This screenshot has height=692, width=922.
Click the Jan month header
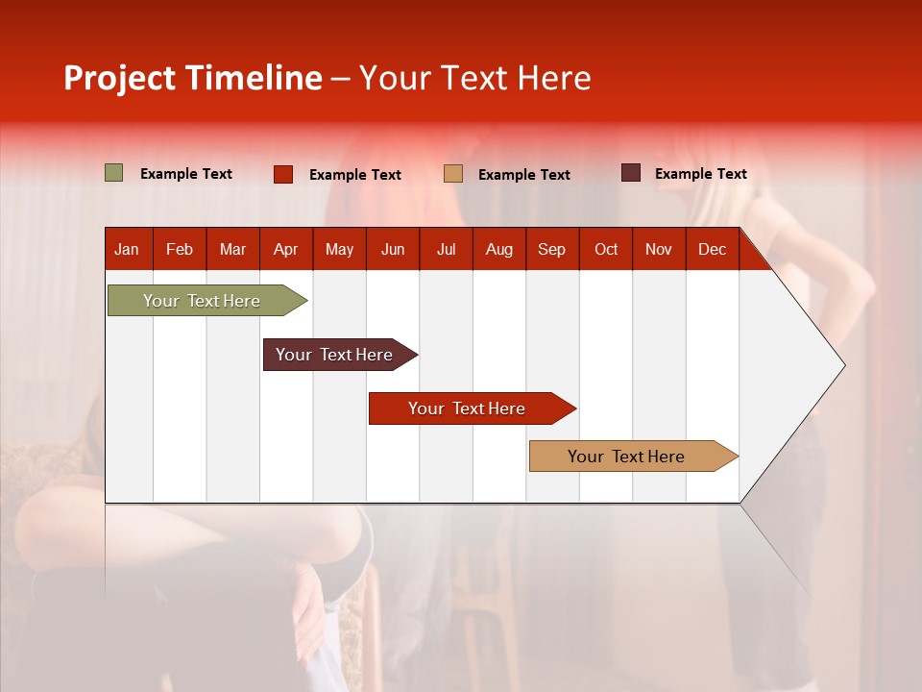(x=127, y=249)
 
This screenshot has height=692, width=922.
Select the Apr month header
(x=285, y=249)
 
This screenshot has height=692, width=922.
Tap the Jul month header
(x=446, y=249)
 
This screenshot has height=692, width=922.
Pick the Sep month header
(x=551, y=249)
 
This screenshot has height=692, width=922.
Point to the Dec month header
(x=712, y=249)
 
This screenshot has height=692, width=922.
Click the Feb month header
(x=180, y=249)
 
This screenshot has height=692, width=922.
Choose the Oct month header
(x=606, y=249)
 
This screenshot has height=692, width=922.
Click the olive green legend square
(x=114, y=173)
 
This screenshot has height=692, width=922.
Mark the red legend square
(x=283, y=174)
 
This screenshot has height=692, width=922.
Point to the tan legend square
(x=453, y=174)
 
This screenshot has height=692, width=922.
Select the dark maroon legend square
(x=631, y=173)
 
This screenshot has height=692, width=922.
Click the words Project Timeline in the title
(x=193, y=78)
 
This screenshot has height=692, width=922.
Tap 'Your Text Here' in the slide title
(x=474, y=78)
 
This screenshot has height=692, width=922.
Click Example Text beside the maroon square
(x=700, y=174)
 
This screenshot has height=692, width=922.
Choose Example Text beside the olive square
(x=186, y=174)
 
